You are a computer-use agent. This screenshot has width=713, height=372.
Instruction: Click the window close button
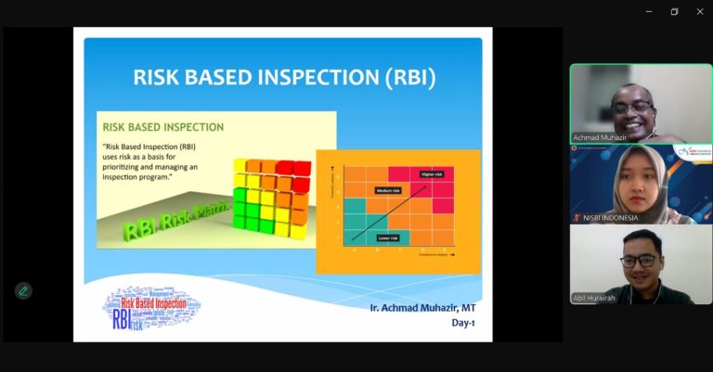[700, 11]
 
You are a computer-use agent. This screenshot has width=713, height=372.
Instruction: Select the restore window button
[674, 11]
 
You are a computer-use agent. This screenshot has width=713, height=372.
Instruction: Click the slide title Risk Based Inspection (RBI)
[284, 76]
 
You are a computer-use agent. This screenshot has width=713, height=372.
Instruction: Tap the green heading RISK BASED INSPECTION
[162, 126]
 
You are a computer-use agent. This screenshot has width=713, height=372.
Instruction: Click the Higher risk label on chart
[431, 174]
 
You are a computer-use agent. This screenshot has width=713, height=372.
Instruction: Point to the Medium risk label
[388, 190]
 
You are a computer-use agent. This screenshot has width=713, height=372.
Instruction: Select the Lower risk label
[387, 237]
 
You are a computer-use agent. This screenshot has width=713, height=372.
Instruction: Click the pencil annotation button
[23, 290]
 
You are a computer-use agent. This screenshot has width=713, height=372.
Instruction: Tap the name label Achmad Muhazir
[599, 137]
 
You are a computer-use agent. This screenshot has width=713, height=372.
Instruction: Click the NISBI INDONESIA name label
[605, 218]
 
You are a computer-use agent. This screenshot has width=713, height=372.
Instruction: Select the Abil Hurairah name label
[595, 298]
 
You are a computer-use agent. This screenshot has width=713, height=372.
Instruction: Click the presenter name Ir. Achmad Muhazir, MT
[415, 306]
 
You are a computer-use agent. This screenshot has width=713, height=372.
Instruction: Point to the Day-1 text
[465, 323]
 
